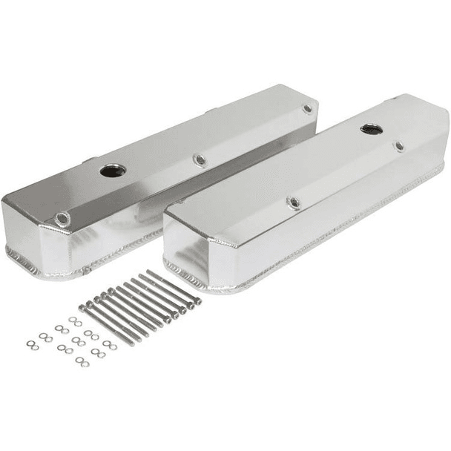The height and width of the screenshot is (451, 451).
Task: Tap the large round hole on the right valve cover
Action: [x=372, y=129]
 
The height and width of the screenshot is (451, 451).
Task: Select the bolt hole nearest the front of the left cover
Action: [x=62, y=218]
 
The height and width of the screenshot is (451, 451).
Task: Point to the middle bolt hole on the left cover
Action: [x=199, y=159]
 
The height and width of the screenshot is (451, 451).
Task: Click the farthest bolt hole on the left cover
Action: [x=307, y=109]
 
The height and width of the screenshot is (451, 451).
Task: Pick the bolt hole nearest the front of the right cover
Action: [x=294, y=202]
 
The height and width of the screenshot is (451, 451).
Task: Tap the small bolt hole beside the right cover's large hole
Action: [x=399, y=146]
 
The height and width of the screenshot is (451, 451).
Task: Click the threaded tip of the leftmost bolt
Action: [x=136, y=344]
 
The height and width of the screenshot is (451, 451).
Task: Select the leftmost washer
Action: [x=30, y=346]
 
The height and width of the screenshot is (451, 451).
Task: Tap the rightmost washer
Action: [x=112, y=345]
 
